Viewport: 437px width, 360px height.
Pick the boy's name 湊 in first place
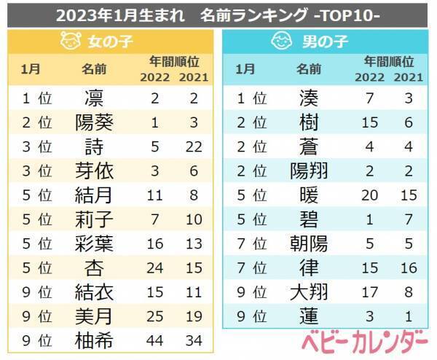click(x=309, y=98)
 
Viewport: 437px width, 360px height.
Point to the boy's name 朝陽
click(x=309, y=243)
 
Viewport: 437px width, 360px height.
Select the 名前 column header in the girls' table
click(x=95, y=69)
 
